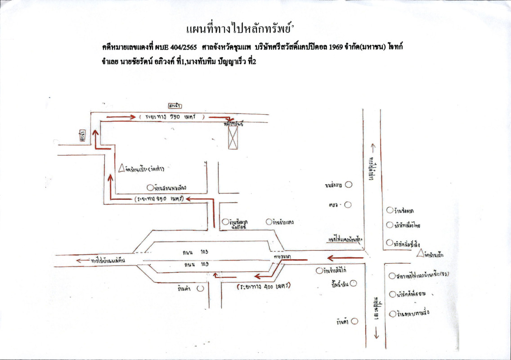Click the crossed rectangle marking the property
pos(233,138)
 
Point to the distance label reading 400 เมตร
pos(262,286)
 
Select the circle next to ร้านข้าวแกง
pos(269,222)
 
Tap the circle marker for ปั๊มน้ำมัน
pos(353,283)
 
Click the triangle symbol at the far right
pos(420,253)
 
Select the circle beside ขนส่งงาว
pos(348,184)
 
